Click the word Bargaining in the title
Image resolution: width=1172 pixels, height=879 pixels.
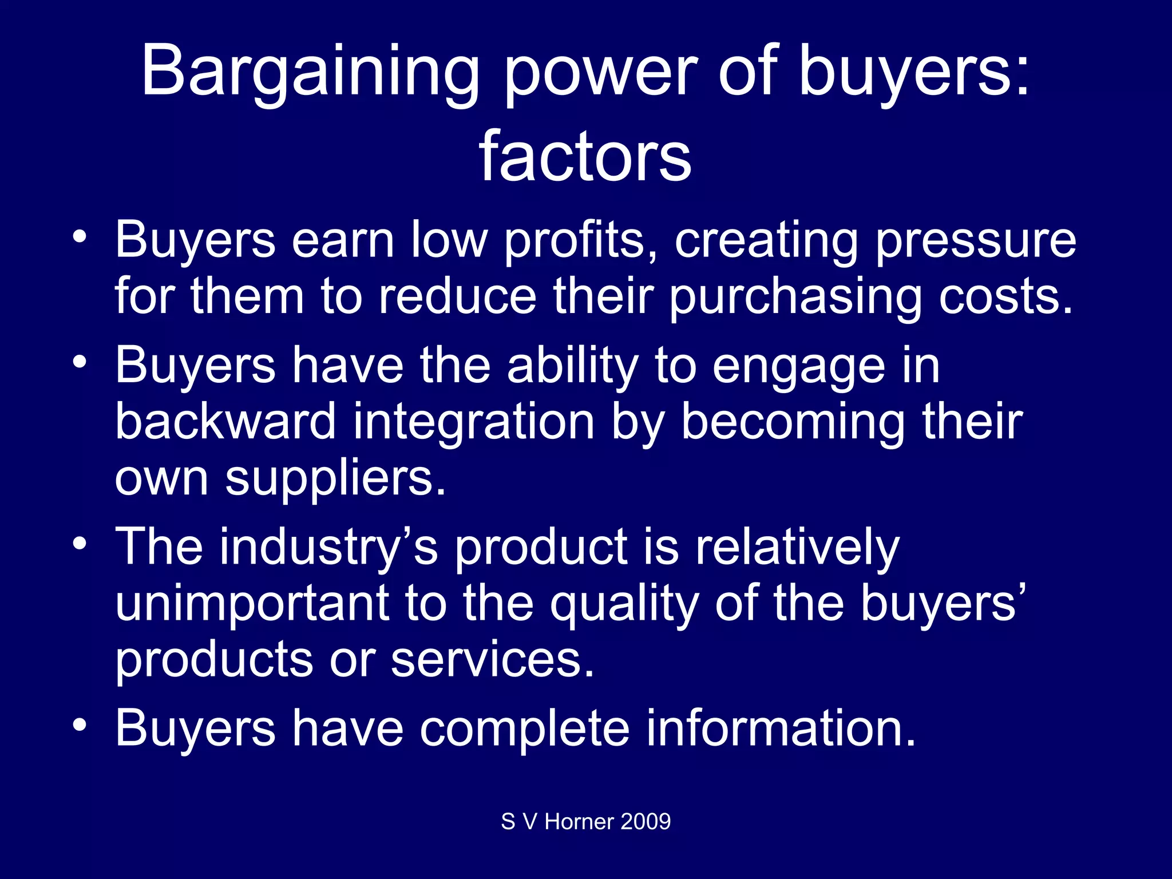pos(310,72)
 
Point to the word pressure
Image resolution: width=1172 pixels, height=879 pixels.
pos(976,240)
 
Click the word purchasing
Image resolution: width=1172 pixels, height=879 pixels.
pos(795,296)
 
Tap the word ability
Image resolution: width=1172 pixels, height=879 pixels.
pos(572,366)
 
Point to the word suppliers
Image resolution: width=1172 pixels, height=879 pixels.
pos(335,477)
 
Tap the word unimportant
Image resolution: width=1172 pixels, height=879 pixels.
pos(252,603)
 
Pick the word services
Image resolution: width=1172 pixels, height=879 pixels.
pos(493,659)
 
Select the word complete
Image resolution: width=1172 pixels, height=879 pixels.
pos(524,728)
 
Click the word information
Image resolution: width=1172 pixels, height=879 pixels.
pos(782,728)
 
